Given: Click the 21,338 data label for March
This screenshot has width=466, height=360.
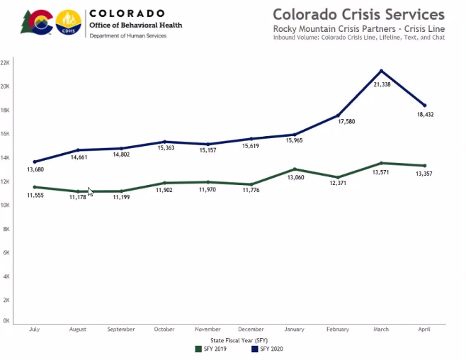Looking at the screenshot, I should click(x=382, y=84).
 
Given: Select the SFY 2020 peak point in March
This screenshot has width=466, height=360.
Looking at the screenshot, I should click(x=382, y=71).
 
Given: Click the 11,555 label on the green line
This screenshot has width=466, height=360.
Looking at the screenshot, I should click(x=35, y=195).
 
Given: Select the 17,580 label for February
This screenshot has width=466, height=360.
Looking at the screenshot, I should click(x=339, y=122).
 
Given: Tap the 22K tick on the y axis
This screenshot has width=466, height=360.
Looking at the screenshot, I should click(x=5, y=62).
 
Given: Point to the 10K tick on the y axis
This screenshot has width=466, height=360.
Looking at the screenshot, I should click(x=5, y=205).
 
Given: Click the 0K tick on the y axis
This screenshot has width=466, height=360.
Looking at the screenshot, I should click(x=5, y=321).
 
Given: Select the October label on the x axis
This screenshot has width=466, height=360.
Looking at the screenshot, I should click(x=164, y=330).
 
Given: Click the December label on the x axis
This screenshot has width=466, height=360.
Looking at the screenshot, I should click(x=251, y=330).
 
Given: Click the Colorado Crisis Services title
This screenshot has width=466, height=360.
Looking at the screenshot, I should click(x=358, y=14).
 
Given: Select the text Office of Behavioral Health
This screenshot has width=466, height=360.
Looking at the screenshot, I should click(x=135, y=25).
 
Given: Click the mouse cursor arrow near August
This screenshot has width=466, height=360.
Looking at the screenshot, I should click(x=91, y=191).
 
